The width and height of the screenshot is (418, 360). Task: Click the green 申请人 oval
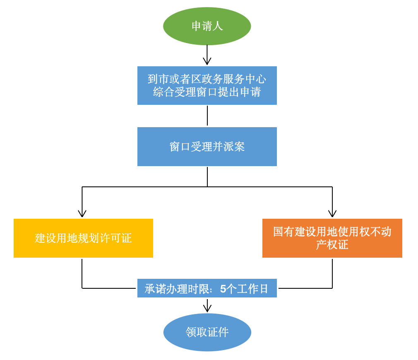(x=207, y=26)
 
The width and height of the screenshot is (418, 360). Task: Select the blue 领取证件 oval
(x=207, y=332)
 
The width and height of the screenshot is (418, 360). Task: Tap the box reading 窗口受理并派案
(x=207, y=147)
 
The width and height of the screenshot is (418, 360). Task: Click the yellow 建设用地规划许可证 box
(x=83, y=238)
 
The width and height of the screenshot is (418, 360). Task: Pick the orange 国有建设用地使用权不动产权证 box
(x=332, y=238)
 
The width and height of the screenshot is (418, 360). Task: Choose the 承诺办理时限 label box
(x=207, y=288)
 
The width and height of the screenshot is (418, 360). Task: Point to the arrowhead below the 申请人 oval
(x=207, y=61)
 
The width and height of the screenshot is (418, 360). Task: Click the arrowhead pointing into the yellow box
(x=82, y=214)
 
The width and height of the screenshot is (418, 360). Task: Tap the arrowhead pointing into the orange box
(x=332, y=214)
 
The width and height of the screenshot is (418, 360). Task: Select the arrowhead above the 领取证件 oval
(x=207, y=309)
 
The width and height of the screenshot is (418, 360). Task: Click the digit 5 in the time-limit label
(x=223, y=289)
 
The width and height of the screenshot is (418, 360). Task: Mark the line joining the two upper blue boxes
(x=207, y=116)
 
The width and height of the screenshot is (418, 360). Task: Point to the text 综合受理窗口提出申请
(x=207, y=92)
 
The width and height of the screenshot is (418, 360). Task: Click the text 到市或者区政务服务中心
(x=207, y=79)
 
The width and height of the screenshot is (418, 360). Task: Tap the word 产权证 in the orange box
(x=332, y=245)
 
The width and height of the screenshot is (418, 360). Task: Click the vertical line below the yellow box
(x=82, y=273)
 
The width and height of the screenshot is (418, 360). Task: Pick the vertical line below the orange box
(x=332, y=273)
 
